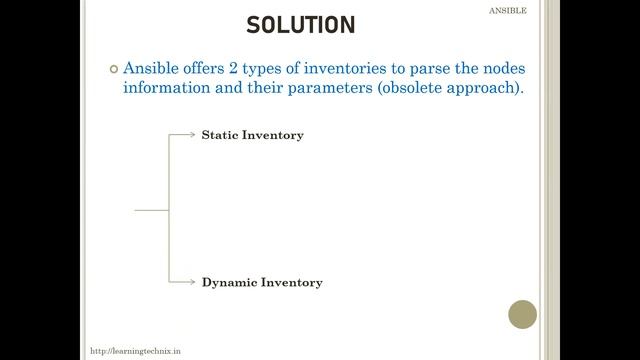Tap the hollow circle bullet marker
[x=112, y=69]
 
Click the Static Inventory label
[x=252, y=135]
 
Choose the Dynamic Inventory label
[x=262, y=283]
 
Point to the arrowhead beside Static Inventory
[x=193, y=134]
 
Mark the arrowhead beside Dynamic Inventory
[x=193, y=282]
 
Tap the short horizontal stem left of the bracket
[x=151, y=210]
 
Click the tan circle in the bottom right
[x=522, y=315]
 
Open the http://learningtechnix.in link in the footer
[x=135, y=352]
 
